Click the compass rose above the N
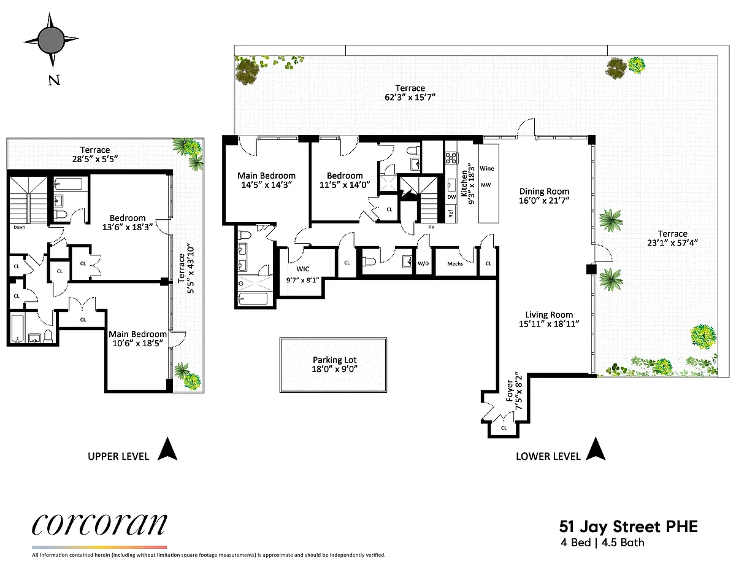(x=51, y=40)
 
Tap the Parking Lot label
(x=335, y=360)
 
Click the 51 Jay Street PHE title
(x=628, y=527)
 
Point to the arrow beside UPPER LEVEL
(x=167, y=449)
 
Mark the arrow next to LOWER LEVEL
(x=596, y=449)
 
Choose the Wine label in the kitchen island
(x=487, y=168)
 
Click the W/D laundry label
(x=423, y=263)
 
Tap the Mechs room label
(x=455, y=264)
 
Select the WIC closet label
(x=303, y=269)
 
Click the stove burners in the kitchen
(x=451, y=158)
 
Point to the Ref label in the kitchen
(x=451, y=214)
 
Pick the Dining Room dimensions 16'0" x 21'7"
(x=544, y=201)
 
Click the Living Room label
(x=549, y=315)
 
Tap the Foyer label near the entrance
(x=509, y=391)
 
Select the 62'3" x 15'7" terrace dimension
(x=410, y=97)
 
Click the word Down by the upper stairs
(x=19, y=227)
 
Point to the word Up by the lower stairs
(x=431, y=227)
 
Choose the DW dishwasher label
(x=451, y=197)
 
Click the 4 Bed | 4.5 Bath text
(x=602, y=543)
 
